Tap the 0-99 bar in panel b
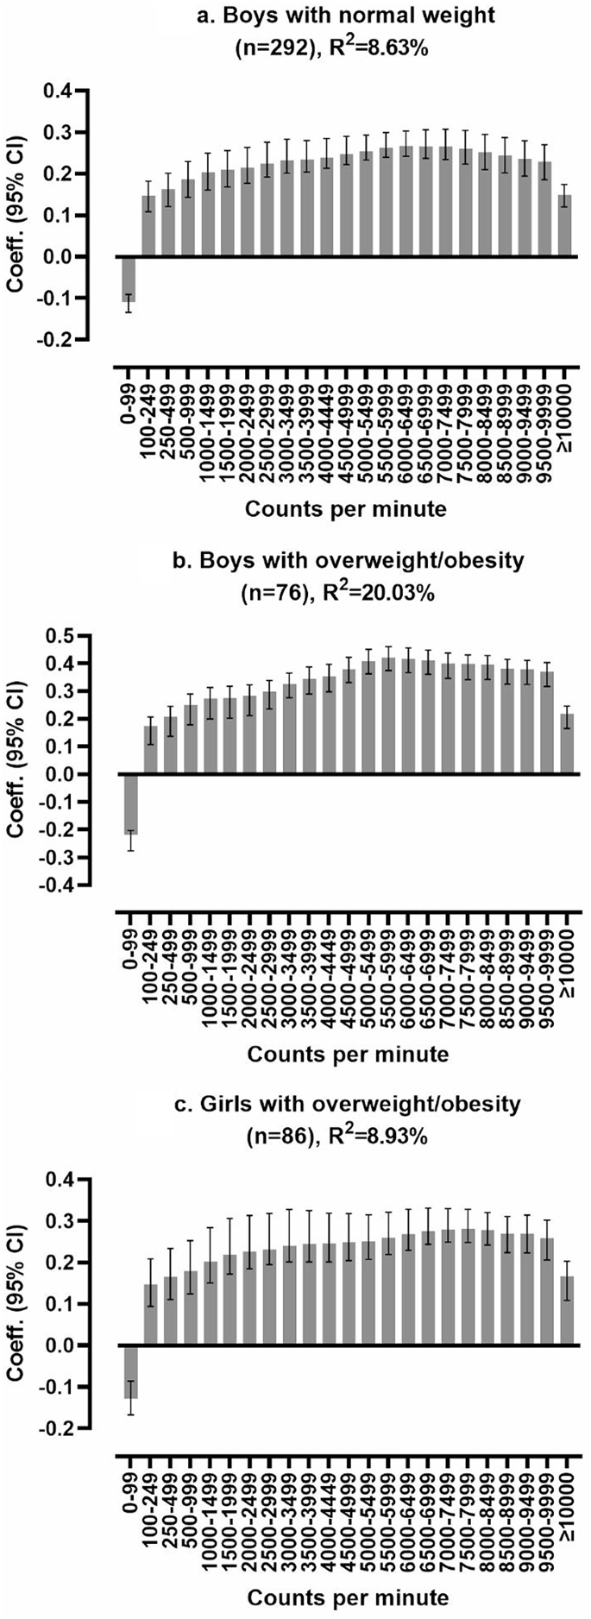point(131,803)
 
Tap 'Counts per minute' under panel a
point(347,509)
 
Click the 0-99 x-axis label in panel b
point(131,929)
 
